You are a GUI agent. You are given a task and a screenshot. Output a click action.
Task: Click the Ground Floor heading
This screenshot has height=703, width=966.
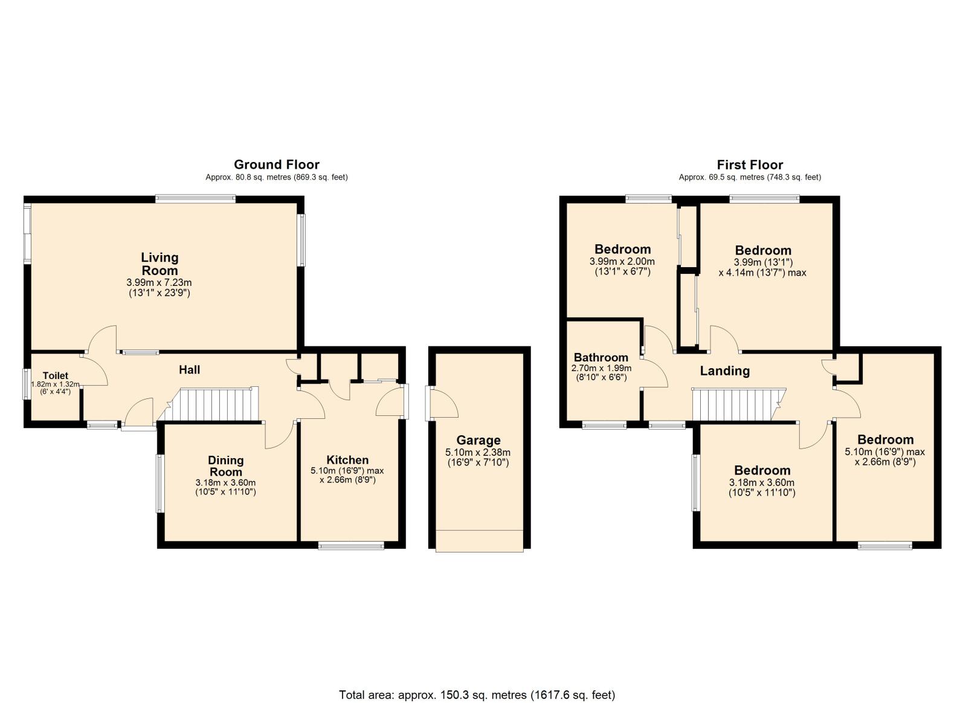(277, 164)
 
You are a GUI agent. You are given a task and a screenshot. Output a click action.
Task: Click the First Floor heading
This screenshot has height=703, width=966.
(750, 165)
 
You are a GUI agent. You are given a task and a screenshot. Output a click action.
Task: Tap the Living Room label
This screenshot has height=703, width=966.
(159, 264)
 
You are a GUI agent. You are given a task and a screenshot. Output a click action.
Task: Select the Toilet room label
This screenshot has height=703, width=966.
(56, 376)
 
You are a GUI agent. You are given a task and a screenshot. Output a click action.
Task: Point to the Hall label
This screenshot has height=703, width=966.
(189, 369)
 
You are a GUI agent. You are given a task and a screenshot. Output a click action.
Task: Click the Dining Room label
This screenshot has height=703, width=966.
(225, 465)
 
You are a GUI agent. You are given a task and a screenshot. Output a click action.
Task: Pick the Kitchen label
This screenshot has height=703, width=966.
(347, 459)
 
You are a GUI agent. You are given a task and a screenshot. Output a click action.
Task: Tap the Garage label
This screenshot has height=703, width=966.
(478, 440)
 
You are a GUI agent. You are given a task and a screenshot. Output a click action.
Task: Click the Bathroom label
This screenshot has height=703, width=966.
(601, 357)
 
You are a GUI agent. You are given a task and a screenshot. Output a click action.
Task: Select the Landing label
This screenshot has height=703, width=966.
(724, 371)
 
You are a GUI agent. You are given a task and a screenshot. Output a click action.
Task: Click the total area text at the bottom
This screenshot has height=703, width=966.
(477, 670)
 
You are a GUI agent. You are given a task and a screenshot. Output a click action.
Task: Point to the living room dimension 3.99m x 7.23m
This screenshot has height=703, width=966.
(159, 283)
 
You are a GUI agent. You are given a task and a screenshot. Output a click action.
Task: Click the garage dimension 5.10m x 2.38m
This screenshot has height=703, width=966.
(478, 452)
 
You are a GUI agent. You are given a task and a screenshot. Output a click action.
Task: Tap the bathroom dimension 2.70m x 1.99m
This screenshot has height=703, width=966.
(601, 368)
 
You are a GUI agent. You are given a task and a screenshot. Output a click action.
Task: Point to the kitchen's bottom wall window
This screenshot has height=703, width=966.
(351, 546)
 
